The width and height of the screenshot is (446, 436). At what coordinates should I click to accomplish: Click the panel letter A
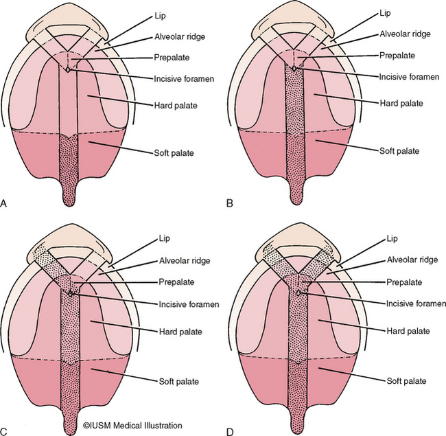4,203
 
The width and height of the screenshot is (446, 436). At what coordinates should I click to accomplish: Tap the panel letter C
5,431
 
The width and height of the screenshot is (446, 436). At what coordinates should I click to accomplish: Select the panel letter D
230,431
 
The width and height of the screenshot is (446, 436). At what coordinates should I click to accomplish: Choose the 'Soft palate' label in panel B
399,150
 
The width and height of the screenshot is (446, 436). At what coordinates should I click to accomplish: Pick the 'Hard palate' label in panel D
398,331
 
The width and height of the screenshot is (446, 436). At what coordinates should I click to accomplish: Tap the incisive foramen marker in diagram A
68,69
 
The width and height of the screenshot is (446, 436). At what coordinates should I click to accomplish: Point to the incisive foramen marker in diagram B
294,69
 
